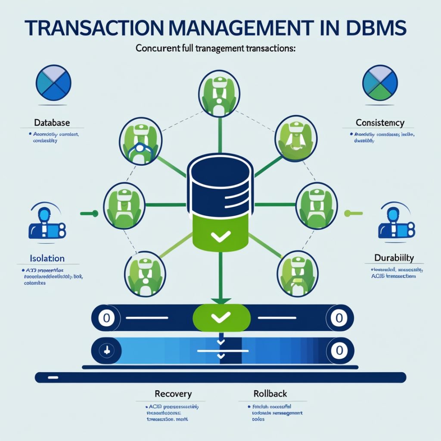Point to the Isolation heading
[47, 258]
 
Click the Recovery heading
[173, 394]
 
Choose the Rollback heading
[270, 394]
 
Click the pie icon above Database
[53, 83]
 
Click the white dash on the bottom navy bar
[53, 377]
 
